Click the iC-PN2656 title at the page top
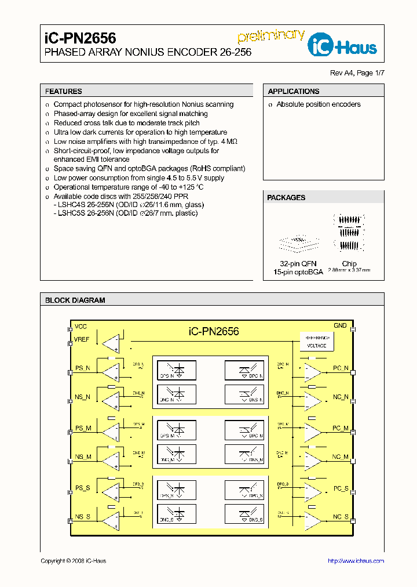81,38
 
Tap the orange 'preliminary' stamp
271,35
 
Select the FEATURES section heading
64,91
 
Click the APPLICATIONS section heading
294,91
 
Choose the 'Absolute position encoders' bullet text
318,104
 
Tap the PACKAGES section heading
286,198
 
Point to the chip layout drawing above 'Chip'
349,234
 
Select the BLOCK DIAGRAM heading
75,300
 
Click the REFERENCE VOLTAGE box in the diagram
316,342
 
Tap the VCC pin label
81,327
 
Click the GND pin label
340,325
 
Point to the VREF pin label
82,339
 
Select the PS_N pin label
83,368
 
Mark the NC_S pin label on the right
340,516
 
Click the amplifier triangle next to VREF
111,343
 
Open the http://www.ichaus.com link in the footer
356,561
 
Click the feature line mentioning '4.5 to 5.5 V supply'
139,178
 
